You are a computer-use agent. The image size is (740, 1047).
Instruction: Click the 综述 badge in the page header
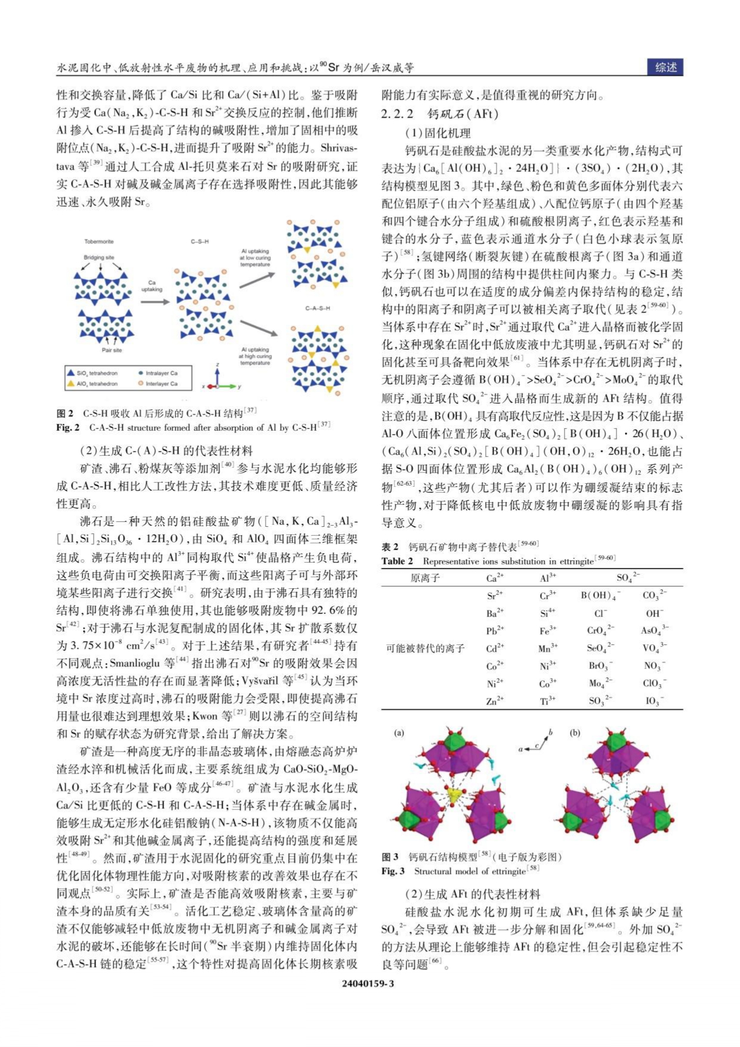665,67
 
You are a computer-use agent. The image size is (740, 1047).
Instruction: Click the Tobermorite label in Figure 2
98,242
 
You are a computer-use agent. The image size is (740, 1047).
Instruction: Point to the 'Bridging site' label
98,258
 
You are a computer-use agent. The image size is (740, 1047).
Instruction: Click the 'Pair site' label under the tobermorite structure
112,350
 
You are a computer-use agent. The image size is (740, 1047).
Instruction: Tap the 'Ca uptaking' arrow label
152,286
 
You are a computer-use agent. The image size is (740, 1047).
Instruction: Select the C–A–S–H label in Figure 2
317,308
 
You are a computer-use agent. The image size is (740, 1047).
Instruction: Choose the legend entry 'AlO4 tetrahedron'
97,384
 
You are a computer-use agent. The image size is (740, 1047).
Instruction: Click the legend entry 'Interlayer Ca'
161,384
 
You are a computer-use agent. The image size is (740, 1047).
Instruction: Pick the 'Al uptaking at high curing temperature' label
255,356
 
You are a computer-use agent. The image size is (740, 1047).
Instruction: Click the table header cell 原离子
425,577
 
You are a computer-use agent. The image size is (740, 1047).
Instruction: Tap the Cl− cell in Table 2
600,613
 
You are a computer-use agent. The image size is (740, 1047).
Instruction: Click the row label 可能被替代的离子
425,648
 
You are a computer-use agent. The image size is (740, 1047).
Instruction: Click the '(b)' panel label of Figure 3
575,733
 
